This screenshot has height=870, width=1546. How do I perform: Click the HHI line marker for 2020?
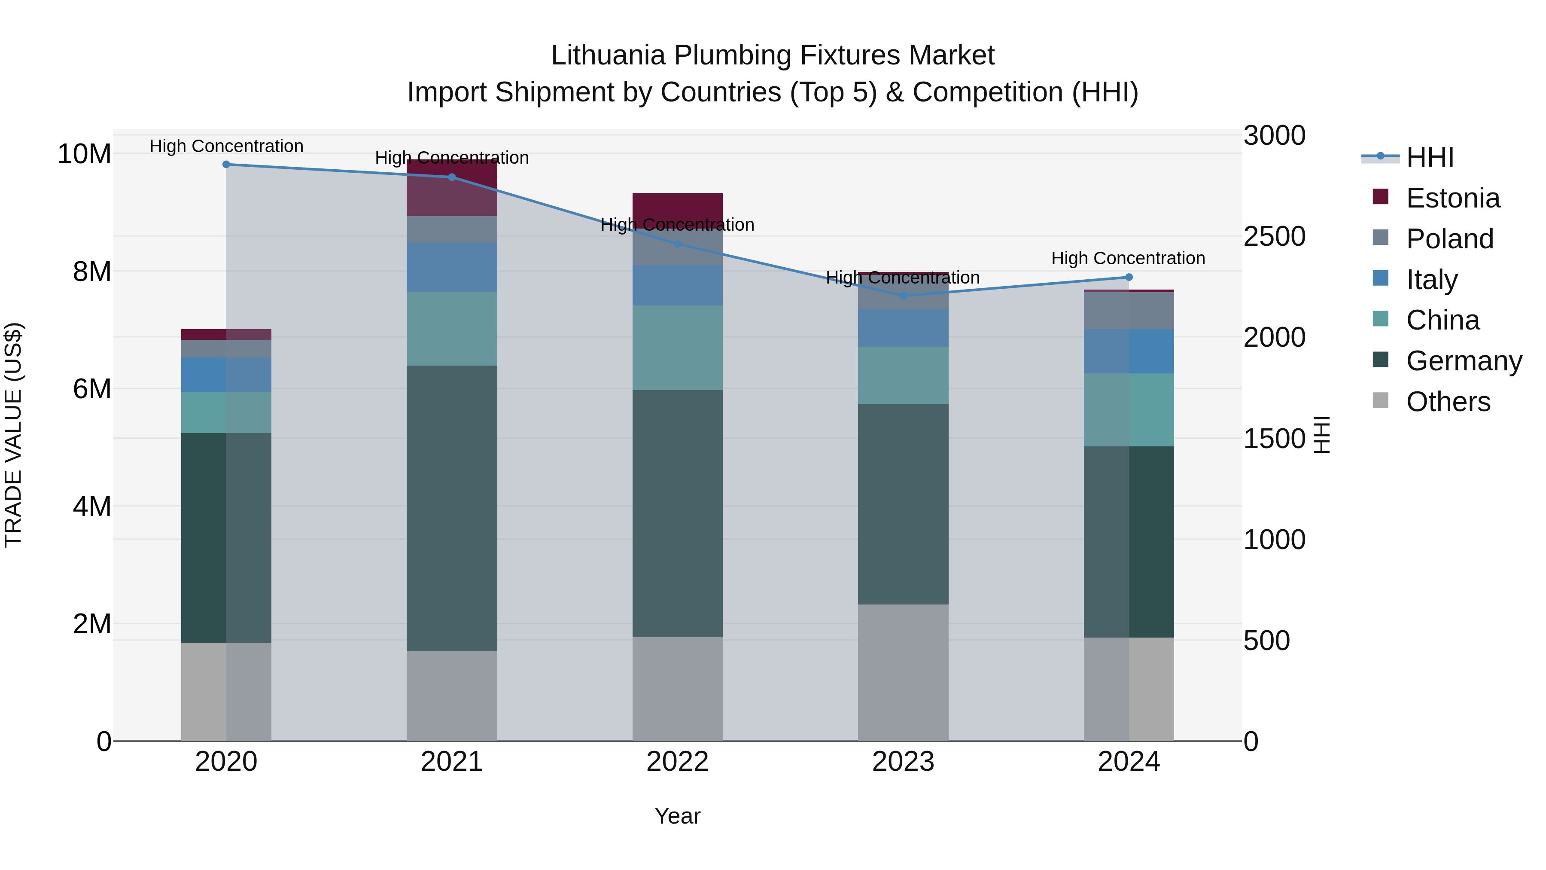click(x=226, y=165)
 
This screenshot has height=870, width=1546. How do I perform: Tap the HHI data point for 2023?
click(x=903, y=296)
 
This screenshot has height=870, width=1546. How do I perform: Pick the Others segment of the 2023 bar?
click(x=903, y=672)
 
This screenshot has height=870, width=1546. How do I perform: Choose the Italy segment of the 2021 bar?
click(x=452, y=267)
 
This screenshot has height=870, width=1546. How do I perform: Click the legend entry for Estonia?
click(x=1452, y=198)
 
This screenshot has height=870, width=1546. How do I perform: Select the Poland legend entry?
click(x=1449, y=239)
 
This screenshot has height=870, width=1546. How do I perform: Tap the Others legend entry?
click(x=1448, y=402)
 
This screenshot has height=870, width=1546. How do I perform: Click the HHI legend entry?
click(x=1430, y=157)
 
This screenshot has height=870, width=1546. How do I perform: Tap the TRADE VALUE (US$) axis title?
click(x=14, y=435)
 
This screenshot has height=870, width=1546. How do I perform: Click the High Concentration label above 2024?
click(x=1128, y=258)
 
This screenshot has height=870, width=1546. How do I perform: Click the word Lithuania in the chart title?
click(x=608, y=55)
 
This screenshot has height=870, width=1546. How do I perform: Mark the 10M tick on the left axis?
click(x=84, y=154)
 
